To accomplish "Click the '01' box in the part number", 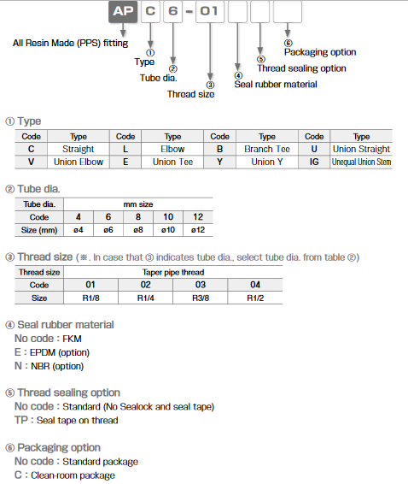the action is coord(209,14).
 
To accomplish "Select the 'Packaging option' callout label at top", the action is coord(319,52).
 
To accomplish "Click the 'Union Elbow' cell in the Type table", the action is coord(78,161).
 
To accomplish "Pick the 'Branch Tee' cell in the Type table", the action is coord(266,149).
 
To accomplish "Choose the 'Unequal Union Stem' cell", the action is coord(361,161).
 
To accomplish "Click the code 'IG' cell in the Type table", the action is coord(314,161).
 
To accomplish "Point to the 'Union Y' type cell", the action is coord(266,161).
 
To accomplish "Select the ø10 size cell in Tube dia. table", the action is coord(167,229).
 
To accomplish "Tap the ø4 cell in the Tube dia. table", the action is coord(78,229).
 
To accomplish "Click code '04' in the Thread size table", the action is coord(256,284).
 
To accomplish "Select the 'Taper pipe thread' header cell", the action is coord(173,271).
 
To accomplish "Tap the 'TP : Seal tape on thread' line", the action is coord(67,420).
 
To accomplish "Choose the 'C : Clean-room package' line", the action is coord(64,475).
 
